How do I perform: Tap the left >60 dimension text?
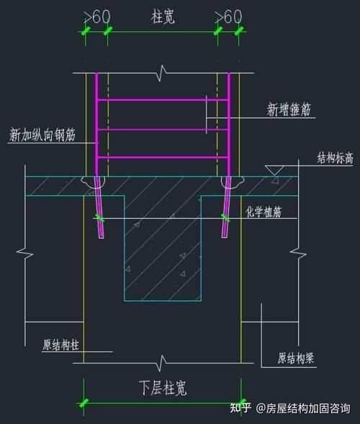tap(96, 15)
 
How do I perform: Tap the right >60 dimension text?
tap(228, 15)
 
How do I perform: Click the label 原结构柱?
tap(60, 344)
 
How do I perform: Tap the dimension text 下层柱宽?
tap(162, 389)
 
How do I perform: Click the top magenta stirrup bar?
tap(163, 101)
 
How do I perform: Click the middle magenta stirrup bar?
tap(163, 130)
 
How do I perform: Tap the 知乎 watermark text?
tap(240, 408)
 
